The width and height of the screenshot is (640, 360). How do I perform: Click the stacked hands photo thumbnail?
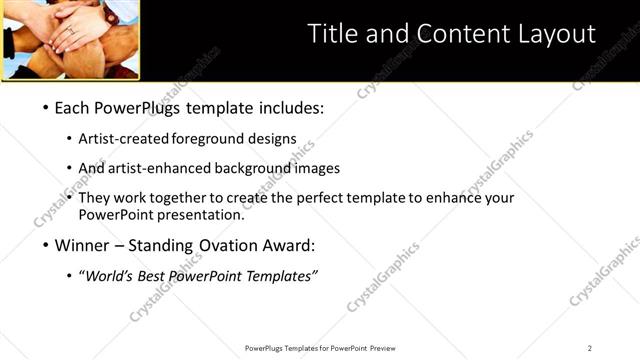70,39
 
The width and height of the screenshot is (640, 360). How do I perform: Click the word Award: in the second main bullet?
286,245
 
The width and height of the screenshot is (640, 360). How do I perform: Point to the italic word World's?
109,276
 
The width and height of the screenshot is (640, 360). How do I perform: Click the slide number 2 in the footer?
590,348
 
